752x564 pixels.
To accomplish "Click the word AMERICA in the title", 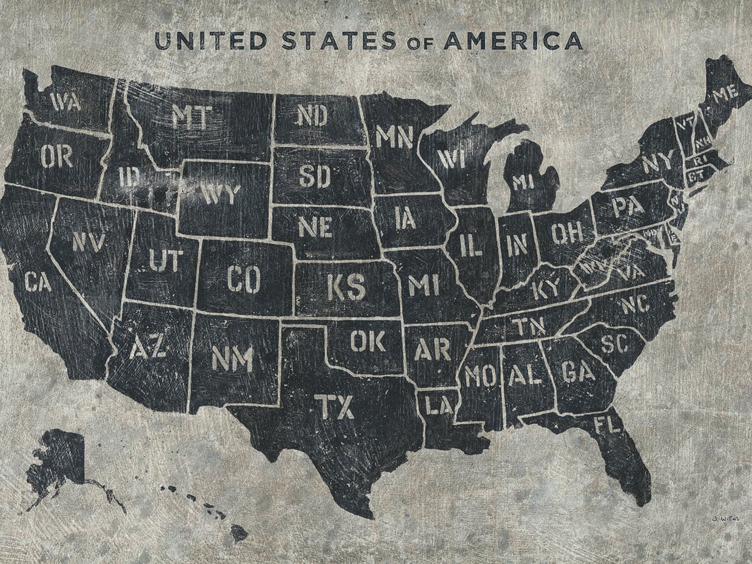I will point(513,41).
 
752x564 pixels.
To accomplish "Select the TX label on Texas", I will point(334,406).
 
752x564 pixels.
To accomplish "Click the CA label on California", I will point(38,281).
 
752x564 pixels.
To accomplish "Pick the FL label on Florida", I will point(608,424).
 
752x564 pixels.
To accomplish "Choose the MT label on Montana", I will point(192,116).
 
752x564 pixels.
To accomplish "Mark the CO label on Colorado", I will point(244,280).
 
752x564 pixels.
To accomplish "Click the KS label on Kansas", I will point(346,287).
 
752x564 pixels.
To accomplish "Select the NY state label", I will point(657,163).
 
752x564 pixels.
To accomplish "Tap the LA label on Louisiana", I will point(438,405).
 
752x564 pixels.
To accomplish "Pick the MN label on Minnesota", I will point(394,136).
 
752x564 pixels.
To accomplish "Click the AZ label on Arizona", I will point(148,347).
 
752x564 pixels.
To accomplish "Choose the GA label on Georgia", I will point(578,371).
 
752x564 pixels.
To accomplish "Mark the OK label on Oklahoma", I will point(368,341).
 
